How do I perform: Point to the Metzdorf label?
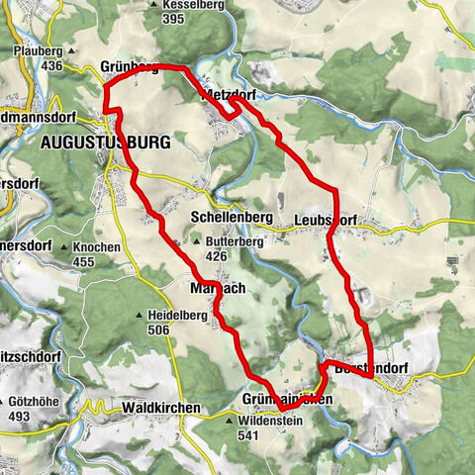(x=230, y=97)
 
